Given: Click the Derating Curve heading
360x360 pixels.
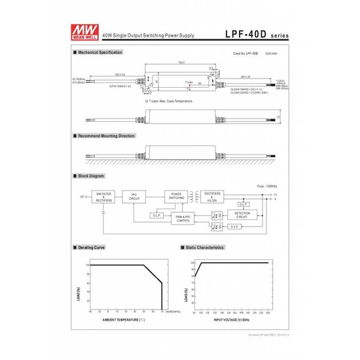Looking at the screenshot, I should (x=98, y=248).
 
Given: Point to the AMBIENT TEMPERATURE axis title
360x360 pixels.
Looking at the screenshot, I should (x=123, y=319).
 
